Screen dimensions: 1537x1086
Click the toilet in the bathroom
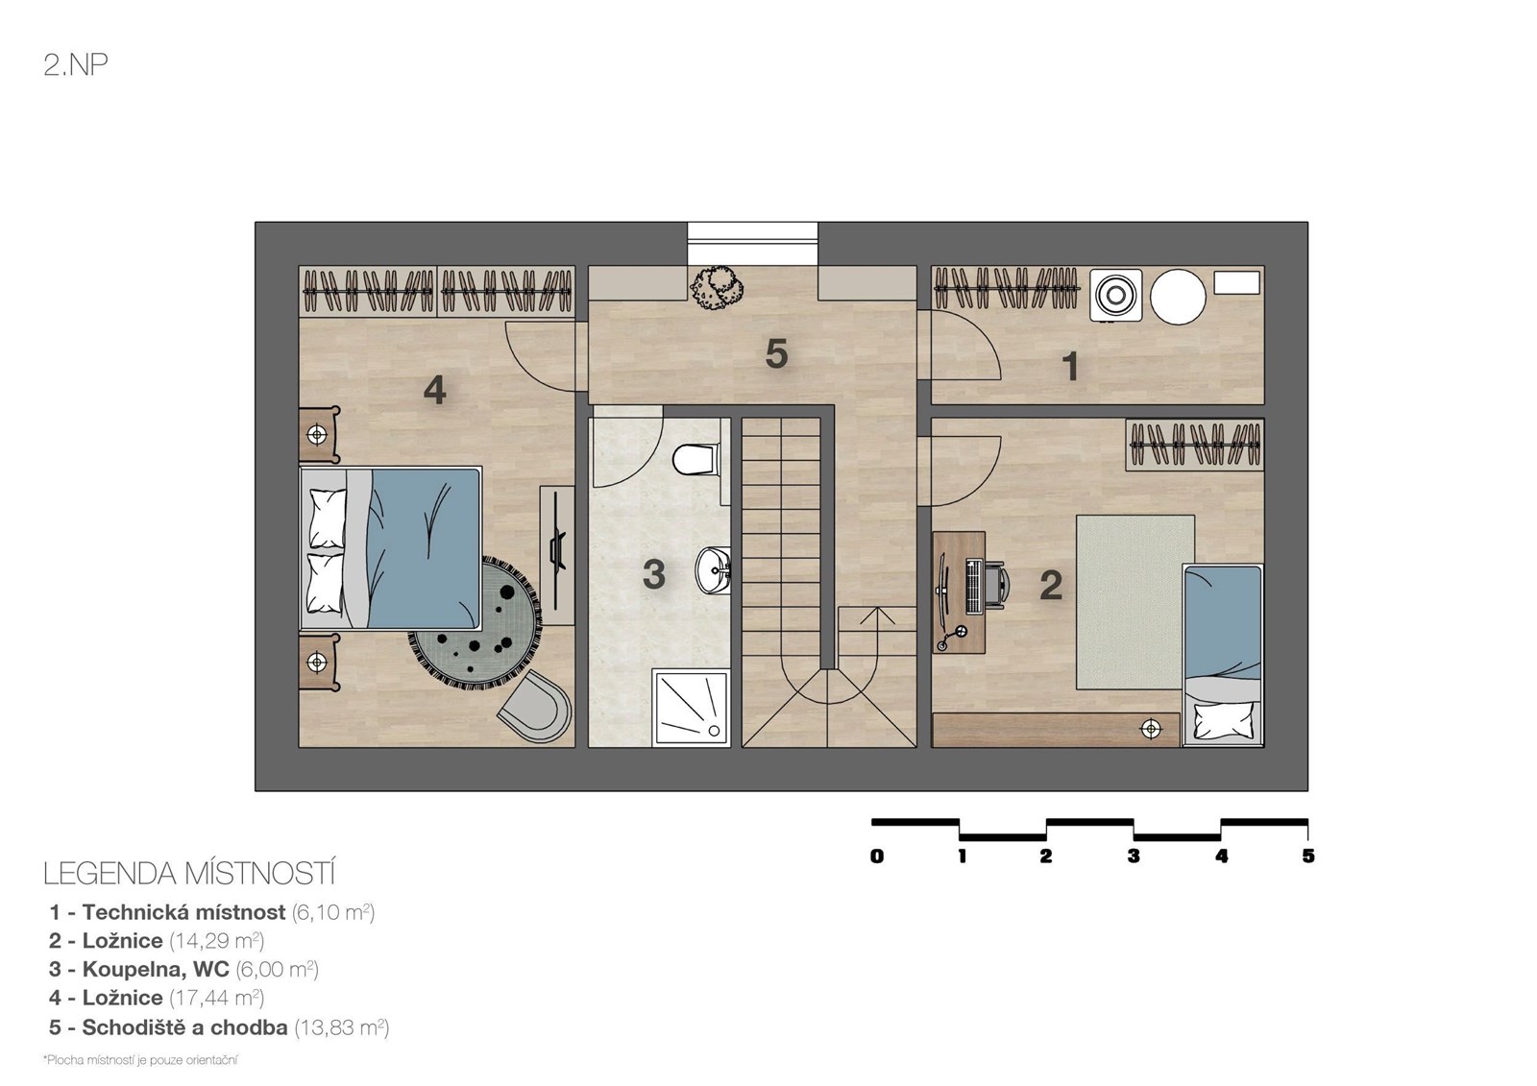point(695,459)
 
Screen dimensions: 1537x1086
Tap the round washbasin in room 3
point(713,570)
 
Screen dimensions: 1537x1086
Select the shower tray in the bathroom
point(691,707)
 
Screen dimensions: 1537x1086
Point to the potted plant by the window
point(717,288)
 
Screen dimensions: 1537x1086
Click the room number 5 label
point(776,354)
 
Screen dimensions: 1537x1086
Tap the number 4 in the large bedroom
point(435,391)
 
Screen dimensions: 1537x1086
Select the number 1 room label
point(1070,366)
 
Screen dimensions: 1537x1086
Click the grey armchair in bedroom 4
point(534,705)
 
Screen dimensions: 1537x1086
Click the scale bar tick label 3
point(1134,857)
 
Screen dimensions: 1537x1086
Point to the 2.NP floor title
point(76,65)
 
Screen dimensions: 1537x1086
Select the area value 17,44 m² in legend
point(217,998)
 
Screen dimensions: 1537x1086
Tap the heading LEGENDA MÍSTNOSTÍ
point(189,874)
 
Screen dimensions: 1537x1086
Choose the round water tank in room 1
point(1178,297)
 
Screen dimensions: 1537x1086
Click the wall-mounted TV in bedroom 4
point(558,551)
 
